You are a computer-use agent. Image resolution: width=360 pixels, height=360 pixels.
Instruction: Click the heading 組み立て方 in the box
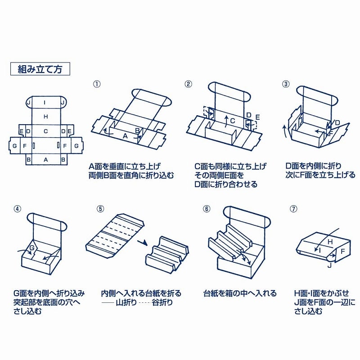pos(40,69)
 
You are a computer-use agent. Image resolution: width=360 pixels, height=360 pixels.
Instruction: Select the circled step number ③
pos(285,84)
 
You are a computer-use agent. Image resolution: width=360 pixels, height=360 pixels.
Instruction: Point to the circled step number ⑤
pos(100,209)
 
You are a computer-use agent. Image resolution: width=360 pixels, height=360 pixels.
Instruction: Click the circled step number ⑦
pos(294,209)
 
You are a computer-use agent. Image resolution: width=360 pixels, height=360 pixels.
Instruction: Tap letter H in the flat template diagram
pos(45,117)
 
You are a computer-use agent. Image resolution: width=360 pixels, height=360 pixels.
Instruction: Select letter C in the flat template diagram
pos(45,131)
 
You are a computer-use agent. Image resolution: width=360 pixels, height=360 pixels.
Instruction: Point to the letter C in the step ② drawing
pos(232,121)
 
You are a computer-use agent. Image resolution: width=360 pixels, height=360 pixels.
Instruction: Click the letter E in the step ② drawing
pos(257,117)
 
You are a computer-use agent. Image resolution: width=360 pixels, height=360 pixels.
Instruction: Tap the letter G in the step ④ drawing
pos(32,248)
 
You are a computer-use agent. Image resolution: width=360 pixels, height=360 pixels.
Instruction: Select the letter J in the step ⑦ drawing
pos(329,265)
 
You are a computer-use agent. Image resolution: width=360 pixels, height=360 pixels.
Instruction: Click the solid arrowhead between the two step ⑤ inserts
pos(144,243)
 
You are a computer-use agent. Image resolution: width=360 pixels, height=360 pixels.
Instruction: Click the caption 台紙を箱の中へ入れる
pos(240,293)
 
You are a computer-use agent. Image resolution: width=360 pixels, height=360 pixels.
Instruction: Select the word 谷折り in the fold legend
pos(162,302)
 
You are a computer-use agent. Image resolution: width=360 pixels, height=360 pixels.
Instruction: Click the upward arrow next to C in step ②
pos(225,120)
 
